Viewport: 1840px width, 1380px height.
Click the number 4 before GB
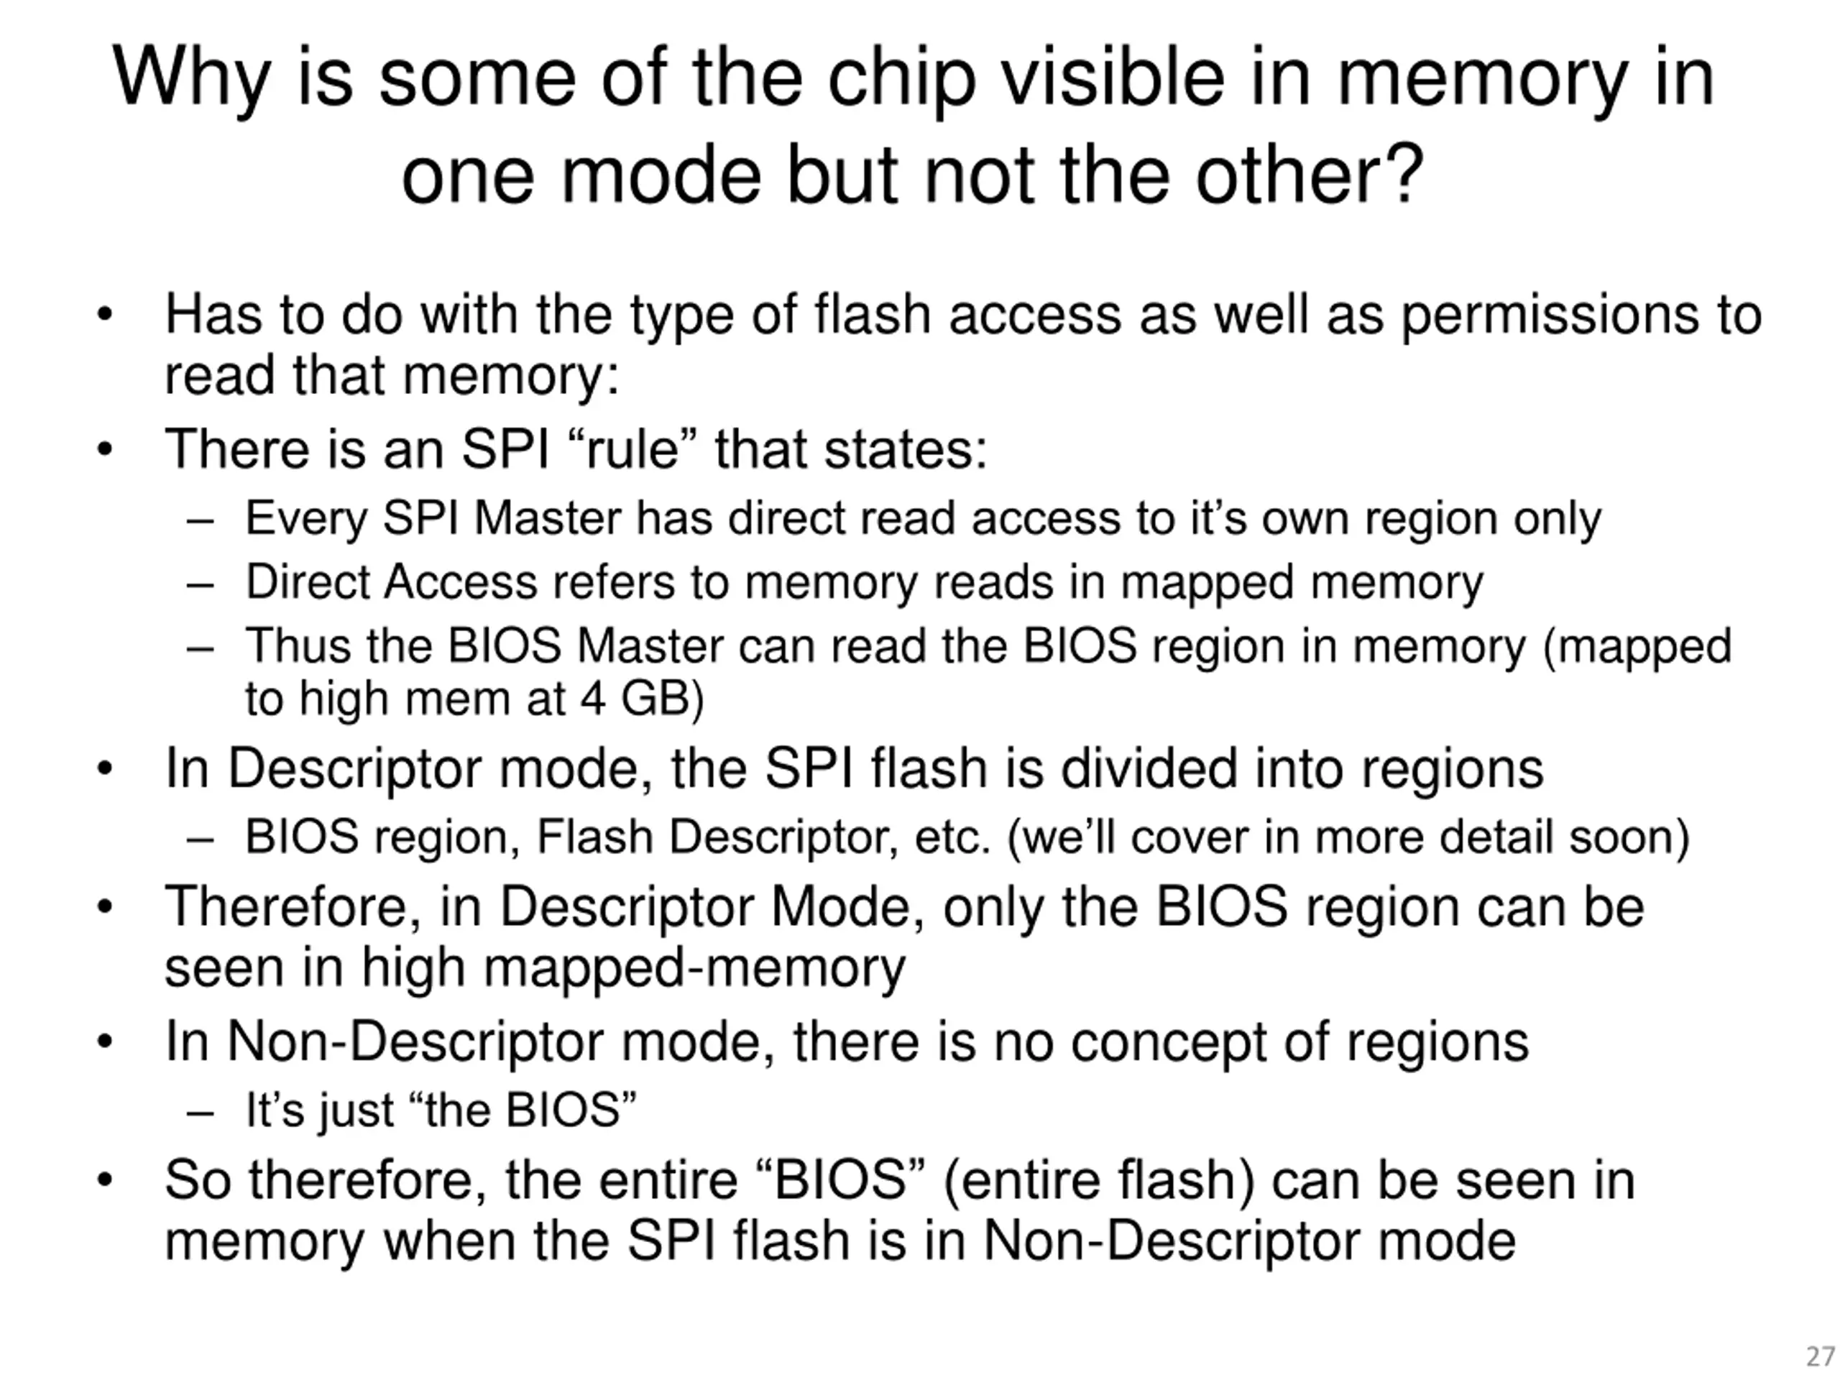(592, 698)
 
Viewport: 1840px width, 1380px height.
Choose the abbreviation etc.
(952, 837)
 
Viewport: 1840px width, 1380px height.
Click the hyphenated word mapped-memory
(694, 967)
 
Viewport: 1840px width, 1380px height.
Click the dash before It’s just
(201, 1111)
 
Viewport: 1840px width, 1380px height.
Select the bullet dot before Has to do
(104, 316)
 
